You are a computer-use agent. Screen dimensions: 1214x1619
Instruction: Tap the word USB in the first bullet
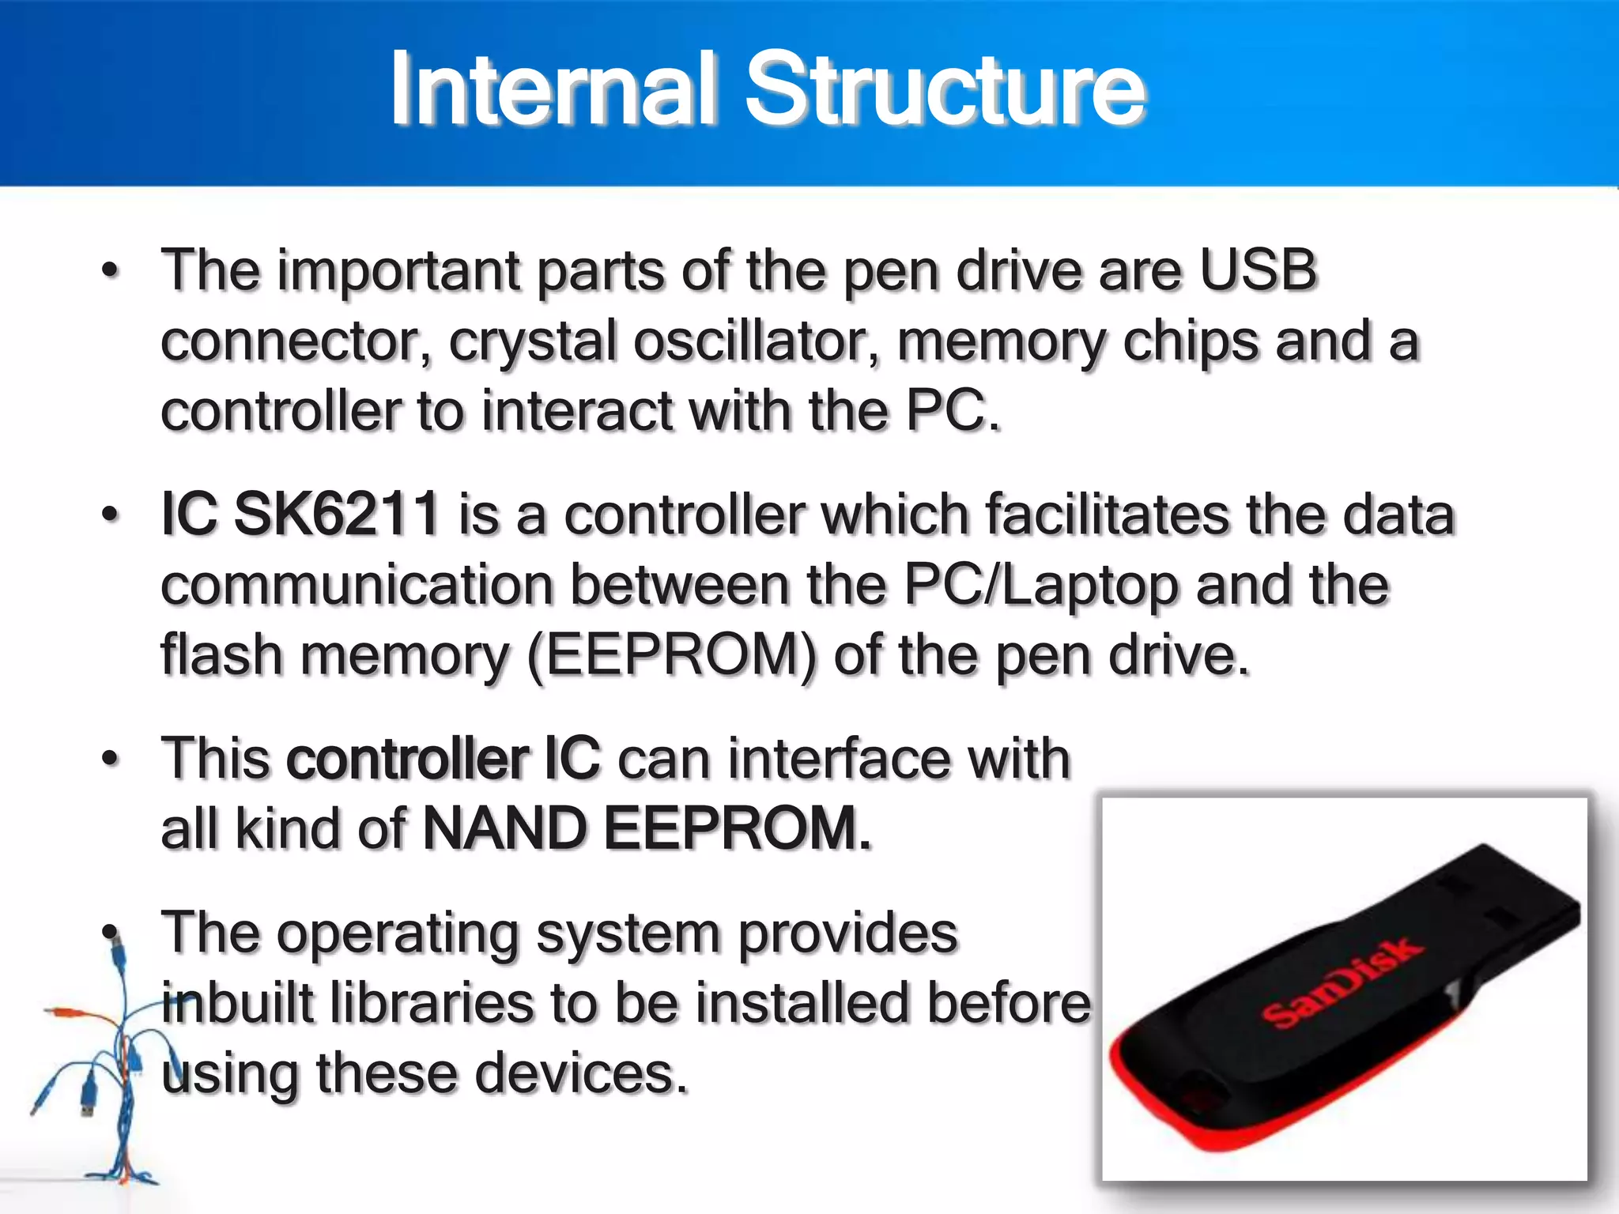(x=1258, y=270)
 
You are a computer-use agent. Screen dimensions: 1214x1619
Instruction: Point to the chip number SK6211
(x=337, y=514)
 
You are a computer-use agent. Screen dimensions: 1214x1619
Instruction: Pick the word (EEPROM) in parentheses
(x=671, y=656)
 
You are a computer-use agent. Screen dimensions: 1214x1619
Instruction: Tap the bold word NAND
(x=506, y=829)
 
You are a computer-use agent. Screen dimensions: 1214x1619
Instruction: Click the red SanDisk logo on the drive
(x=1342, y=982)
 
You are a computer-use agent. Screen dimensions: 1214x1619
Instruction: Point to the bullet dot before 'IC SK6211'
(x=111, y=515)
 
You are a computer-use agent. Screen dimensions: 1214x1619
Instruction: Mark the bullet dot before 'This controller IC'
(x=111, y=760)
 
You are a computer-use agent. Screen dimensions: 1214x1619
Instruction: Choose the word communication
(x=357, y=585)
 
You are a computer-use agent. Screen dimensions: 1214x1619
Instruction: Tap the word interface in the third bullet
(x=839, y=759)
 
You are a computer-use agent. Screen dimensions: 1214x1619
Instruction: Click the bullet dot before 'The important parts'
(x=111, y=271)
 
